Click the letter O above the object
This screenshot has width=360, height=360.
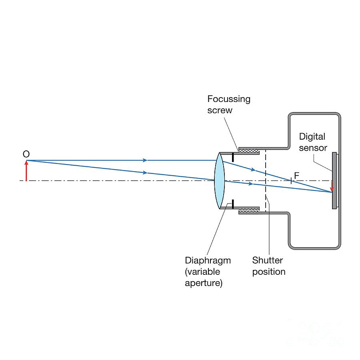point(26,154)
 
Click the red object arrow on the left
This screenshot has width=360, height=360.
point(26,171)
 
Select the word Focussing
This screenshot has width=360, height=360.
point(228,99)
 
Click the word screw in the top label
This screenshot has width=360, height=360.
point(219,110)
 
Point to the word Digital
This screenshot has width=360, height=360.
point(312,137)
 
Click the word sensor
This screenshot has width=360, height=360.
point(313,148)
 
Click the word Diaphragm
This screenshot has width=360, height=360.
point(208,260)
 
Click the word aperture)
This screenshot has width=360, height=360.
point(204,283)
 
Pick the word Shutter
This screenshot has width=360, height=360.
point(267,260)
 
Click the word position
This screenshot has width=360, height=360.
point(268,272)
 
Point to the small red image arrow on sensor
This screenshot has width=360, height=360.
point(331,186)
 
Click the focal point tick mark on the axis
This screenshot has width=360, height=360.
point(291,180)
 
